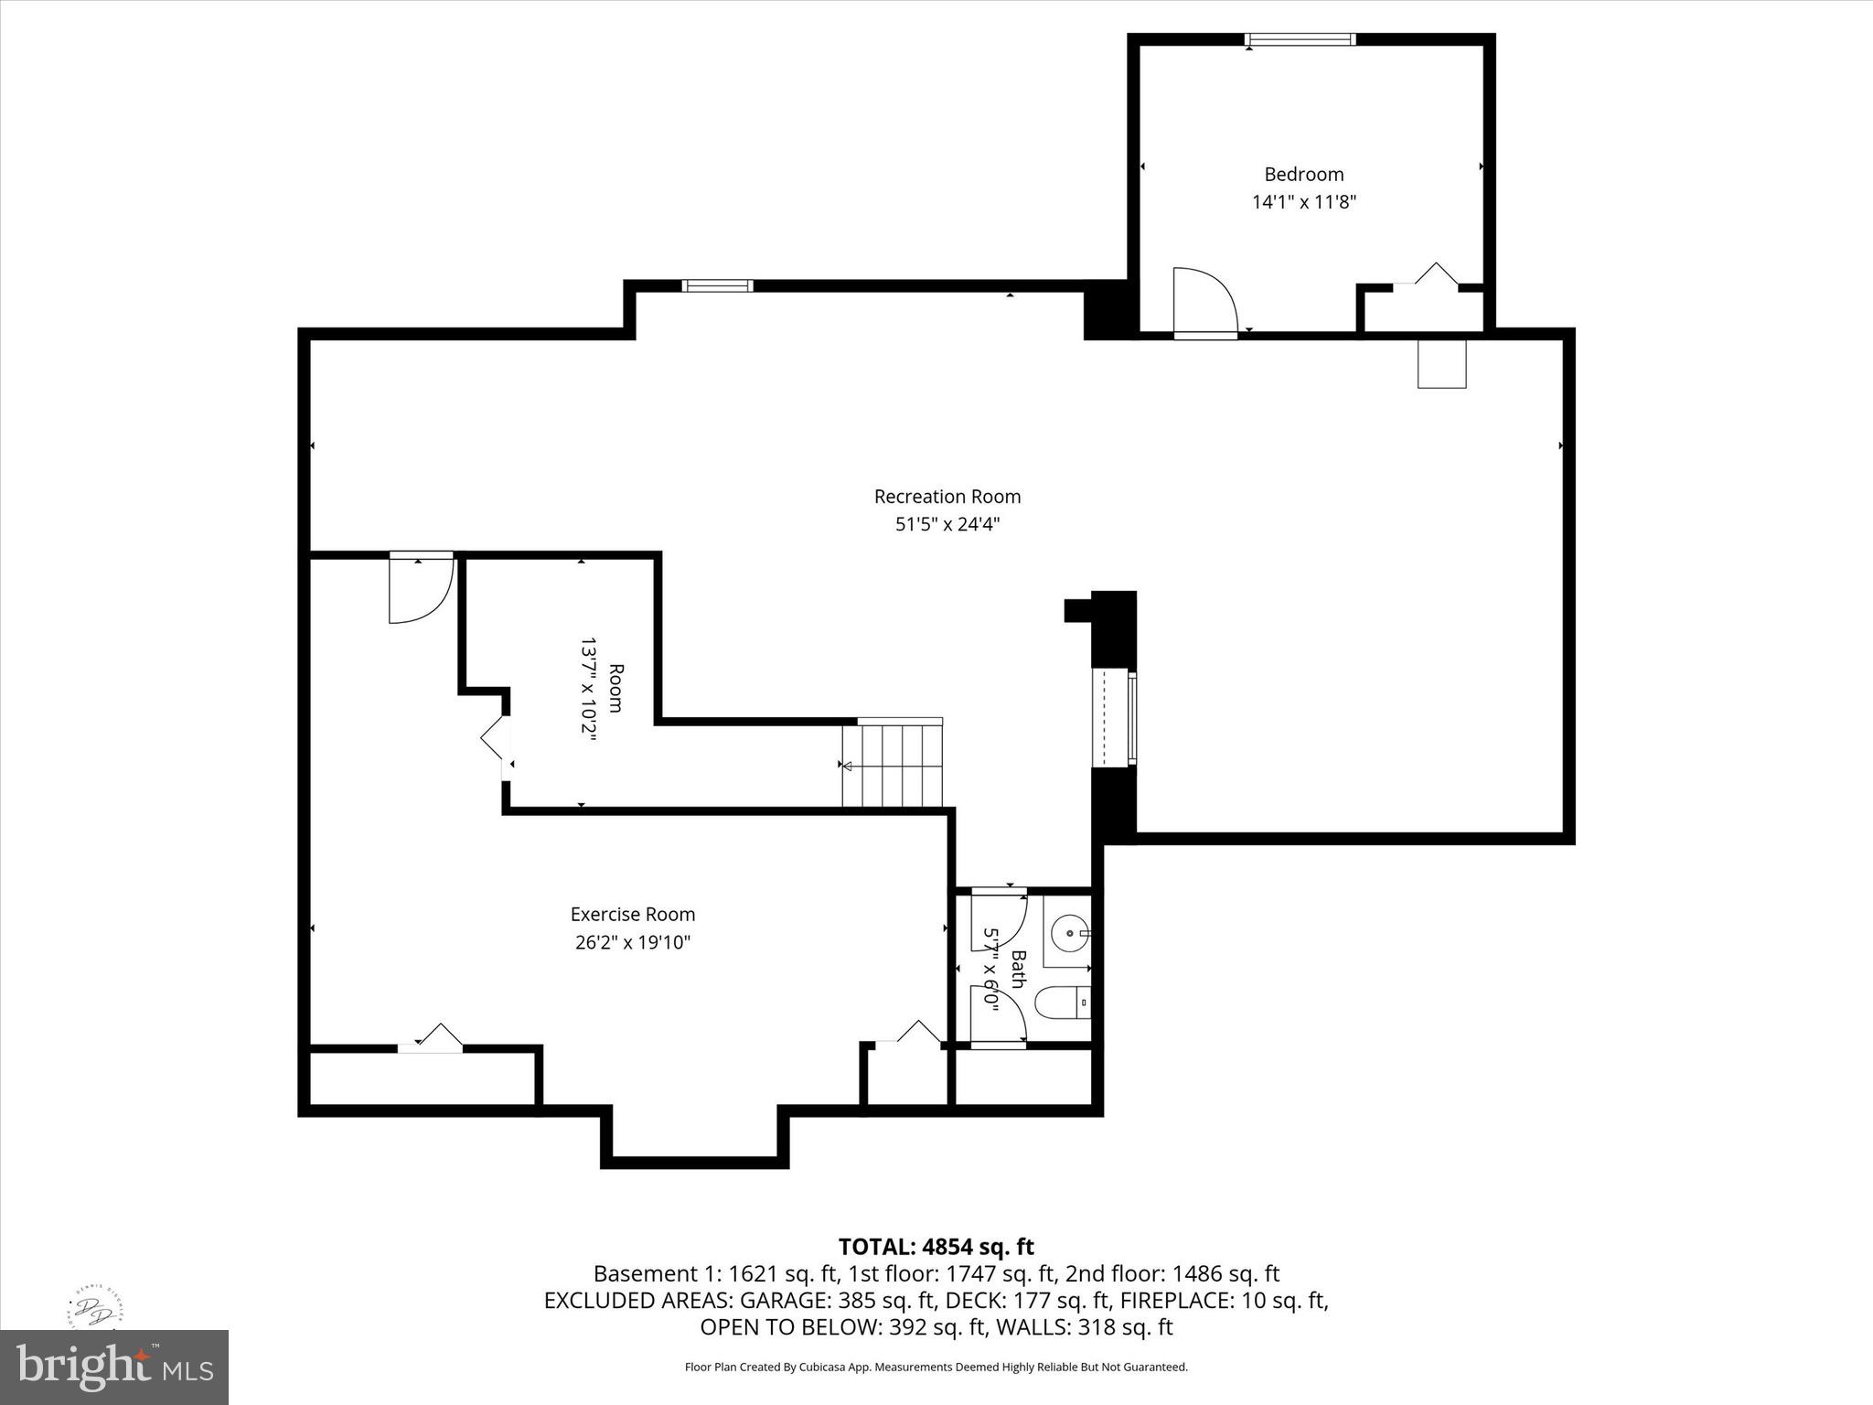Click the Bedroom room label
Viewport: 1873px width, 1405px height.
(1303, 174)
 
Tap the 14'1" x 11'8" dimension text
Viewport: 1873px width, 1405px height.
(1303, 202)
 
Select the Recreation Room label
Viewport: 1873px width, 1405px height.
(947, 497)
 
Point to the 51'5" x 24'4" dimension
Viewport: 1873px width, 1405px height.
(947, 524)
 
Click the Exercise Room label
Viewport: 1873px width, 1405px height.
(632, 914)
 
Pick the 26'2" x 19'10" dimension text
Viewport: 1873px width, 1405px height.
(632, 942)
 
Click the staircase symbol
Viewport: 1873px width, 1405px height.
(893, 765)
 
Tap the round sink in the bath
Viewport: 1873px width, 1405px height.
(1067, 935)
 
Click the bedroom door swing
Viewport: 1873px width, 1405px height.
(1203, 301)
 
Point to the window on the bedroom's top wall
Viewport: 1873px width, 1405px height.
(1300, 39)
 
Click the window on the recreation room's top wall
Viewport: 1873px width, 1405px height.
(718, 285)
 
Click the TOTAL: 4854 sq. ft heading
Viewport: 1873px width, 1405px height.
(936, 1247)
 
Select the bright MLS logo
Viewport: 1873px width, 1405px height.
(113, 1367)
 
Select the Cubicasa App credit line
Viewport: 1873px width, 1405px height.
(936, 1367)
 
